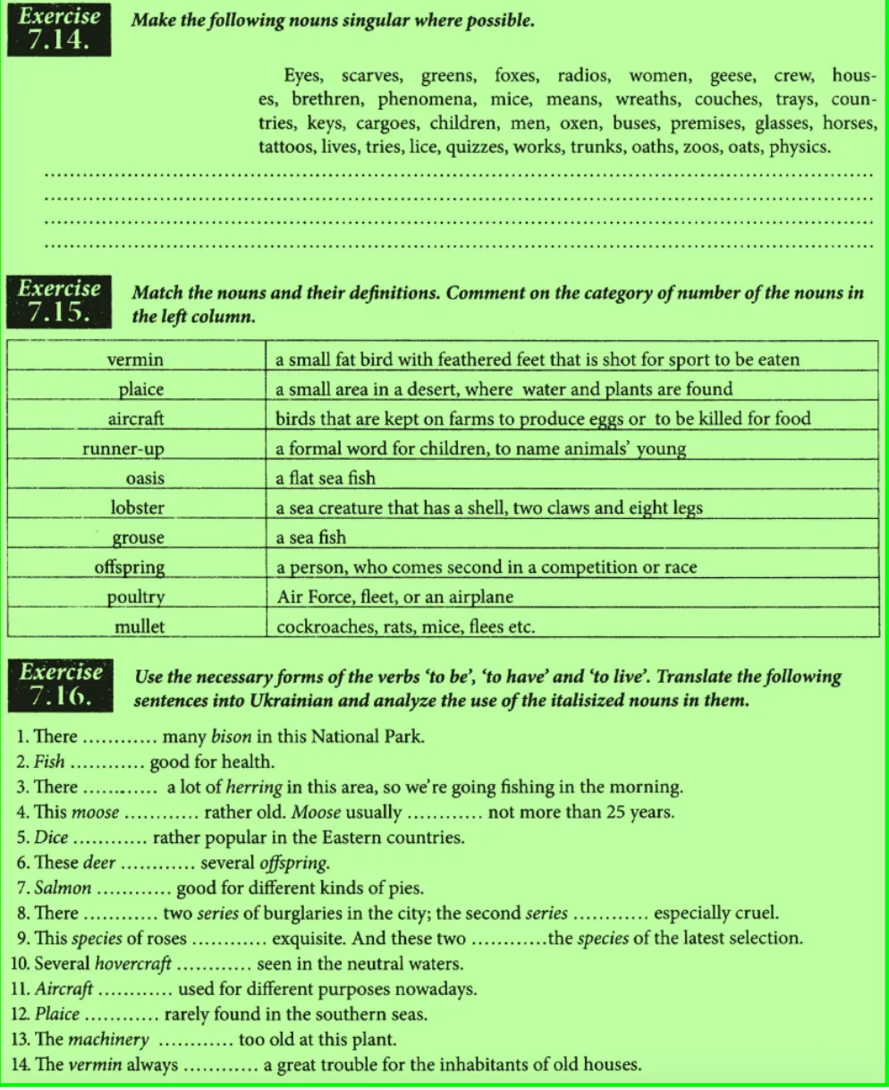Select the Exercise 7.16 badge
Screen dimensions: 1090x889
click(61, 686)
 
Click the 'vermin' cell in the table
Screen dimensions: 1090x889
click(136, 360)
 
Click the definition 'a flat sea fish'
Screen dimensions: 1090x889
click(326, 478)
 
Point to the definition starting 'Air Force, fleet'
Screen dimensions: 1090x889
click(394, 597)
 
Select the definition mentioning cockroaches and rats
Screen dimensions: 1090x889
click(405, 626)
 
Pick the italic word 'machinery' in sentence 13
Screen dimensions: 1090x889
click(108, 1040)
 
